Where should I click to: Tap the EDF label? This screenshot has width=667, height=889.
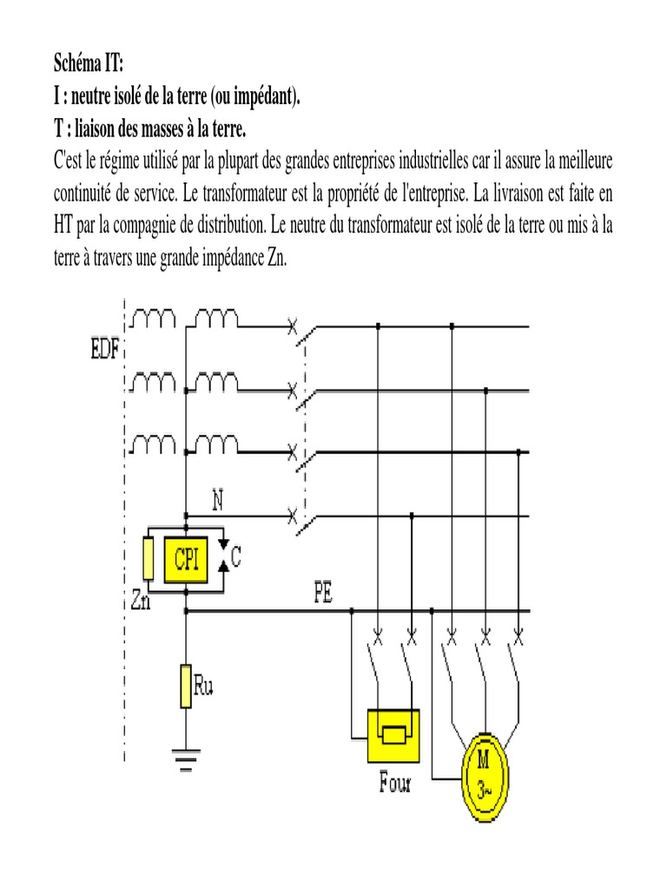click(106, 352)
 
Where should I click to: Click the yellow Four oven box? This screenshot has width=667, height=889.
click(393, 734)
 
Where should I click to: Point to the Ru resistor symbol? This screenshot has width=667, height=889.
click(185, 685)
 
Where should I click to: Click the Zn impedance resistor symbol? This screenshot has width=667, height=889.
click(149, 559)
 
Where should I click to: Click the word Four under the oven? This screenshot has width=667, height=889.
click(394, 783)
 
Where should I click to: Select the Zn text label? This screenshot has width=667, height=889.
click(141, 600)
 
